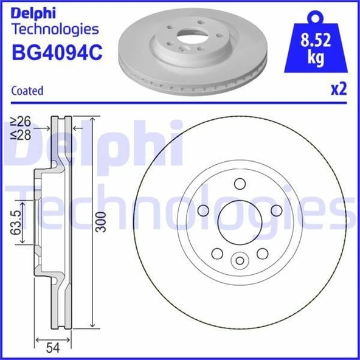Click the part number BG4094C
pyautogui.click(x=57, y=51)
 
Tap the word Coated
pyautogui.click(x=27, y=91)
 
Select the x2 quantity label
pyautogui.click(x=337, y=90)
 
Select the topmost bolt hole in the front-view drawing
pyautogui.click(x=239, y=183)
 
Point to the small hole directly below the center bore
pyautogui.click(x=239, y=260)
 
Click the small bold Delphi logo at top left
pyautogui.click(x=32, y=12)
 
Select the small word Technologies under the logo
pyautogui.click(x=55, y=29)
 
